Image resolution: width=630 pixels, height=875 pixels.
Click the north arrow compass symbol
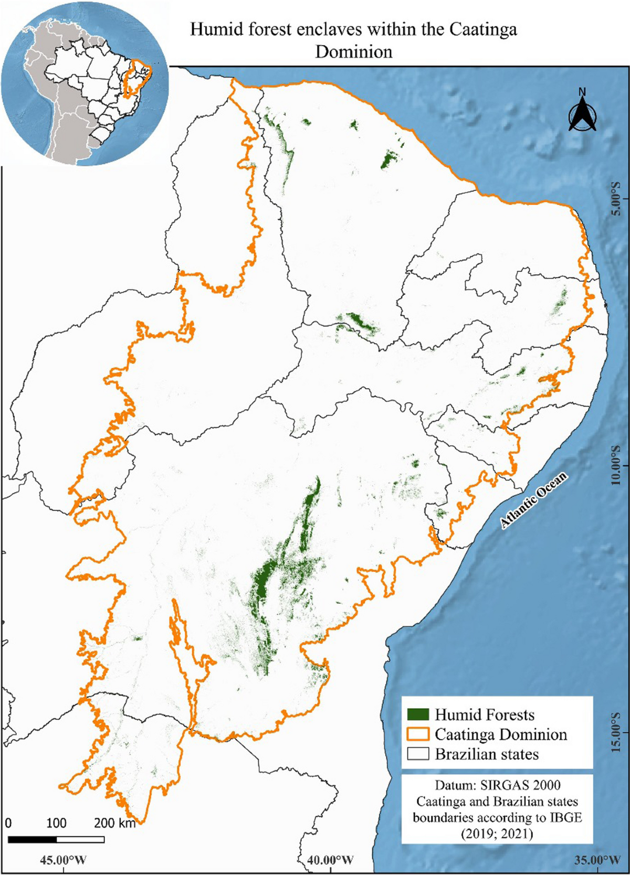point(582,113)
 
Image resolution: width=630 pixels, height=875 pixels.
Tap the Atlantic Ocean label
point(533,500)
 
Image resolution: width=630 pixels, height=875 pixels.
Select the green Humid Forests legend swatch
point(418,714)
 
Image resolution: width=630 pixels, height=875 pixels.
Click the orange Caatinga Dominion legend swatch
point(418,734)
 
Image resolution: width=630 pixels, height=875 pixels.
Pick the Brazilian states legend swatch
point(418,754)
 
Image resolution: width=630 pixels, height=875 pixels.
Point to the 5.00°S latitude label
point(615,198)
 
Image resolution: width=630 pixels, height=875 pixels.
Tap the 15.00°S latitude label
point(615,732)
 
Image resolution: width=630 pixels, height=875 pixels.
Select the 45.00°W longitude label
point(64,860)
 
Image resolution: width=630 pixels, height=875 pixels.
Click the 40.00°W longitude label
point(330,860)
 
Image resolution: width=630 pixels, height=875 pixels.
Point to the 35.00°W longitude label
point(597,860)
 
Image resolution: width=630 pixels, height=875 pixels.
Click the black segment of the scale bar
point(32,839)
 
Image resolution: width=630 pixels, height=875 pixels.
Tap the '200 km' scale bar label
point(114,823)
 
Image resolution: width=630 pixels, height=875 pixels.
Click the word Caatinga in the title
point(482,29)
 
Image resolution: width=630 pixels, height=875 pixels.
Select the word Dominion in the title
point(354,52)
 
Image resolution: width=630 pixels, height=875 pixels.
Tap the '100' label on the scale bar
point(56,823)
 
